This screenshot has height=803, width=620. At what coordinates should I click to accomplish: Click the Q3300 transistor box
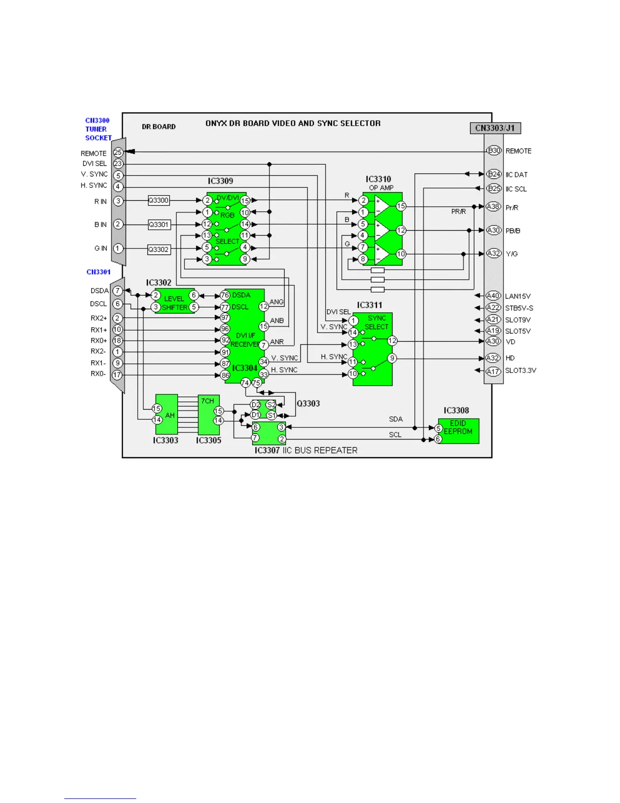tap(159, 200)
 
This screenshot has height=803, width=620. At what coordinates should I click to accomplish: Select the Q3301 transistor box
tap(159, 225)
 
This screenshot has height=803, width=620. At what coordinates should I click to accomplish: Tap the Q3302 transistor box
tap(159, 249)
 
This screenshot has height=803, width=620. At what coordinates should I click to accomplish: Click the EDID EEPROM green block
tap(458, 431)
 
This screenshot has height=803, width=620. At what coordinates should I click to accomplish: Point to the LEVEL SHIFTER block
tap(174, 302)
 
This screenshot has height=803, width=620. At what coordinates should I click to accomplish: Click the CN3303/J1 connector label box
tap(495, 128)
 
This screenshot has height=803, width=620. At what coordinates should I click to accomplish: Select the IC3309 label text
tap(220, 181)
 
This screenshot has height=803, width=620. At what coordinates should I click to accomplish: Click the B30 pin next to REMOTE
tap(494, 151)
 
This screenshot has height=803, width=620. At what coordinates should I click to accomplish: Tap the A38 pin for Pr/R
tap(493, 207)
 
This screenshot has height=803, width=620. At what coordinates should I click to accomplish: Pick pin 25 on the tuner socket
tap(118, 152)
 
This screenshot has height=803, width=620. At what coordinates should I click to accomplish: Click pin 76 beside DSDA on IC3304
tap(225, 295)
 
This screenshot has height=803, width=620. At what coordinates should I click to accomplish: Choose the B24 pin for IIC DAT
tap(494, 174)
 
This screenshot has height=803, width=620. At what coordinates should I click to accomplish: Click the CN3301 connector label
tap(98, 272)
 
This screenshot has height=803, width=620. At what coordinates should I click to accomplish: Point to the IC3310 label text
tap(378, 179)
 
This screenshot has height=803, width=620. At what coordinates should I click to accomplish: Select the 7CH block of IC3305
tap(209, 414)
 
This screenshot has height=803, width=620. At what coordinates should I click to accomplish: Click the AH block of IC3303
tap(167, 414)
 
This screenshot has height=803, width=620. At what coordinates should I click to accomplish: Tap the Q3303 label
tap(308, 404)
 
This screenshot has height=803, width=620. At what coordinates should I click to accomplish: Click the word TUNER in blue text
tap(96, 129)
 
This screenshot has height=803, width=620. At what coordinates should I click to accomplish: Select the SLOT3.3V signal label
tap(520, 371)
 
